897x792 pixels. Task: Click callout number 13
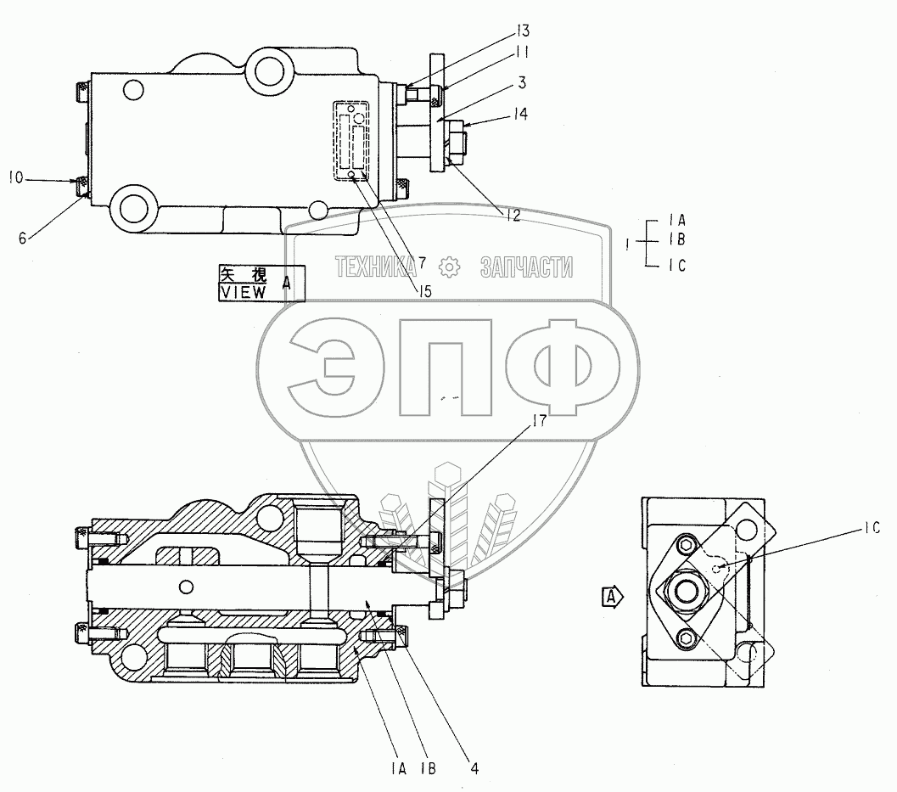click(x=522, y=31)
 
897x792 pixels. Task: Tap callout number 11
click(x=521, y=53)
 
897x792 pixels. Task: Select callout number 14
click(x=519, y=115)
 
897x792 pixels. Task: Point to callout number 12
click(x=513, y=215)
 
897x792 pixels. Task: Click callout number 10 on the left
click(x=16, y=178)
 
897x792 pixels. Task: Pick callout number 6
click(x=23, y=238)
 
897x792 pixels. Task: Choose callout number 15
click(x=424, y=291)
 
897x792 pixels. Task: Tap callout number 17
click(x=540, y=421)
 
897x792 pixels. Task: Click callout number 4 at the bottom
click(x=474, y=768)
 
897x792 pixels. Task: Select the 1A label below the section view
click(x=399, y=769)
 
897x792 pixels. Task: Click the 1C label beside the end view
click(x=872, y=528)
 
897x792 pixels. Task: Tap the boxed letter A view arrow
click(x=613, y=598)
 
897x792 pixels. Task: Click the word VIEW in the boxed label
click(x=243, y=292)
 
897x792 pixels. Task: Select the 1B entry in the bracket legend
click(x=676, y=239)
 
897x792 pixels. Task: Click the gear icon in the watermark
click(x=449, y=267)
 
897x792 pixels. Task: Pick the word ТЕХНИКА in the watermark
click(x=376, y=267)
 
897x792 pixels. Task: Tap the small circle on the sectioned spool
click(x=185, y=587)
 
